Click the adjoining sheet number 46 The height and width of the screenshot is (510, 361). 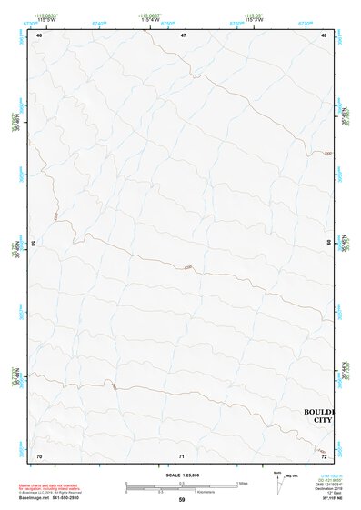(39, 35)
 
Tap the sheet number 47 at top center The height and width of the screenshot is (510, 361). (183, 35)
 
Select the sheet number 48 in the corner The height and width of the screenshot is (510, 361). (324, 35)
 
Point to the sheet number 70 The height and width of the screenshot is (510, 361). (39, 455)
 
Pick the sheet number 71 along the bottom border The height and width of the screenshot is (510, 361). (182, 455)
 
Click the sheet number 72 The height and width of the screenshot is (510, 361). (324, 455)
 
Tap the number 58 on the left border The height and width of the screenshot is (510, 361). (34, 244)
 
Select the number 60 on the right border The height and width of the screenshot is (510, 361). (329, 243)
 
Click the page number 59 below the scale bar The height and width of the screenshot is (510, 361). (182, 500)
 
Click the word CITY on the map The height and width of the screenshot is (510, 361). (322, 421)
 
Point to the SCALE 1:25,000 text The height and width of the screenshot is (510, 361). (181, 475)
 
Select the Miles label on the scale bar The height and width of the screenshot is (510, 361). (242, 482)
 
